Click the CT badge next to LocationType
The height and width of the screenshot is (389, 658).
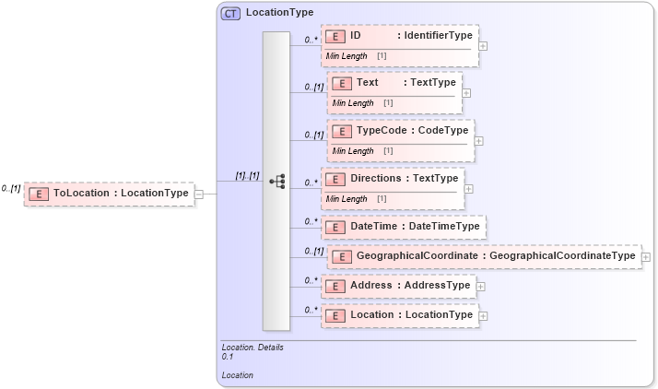231,13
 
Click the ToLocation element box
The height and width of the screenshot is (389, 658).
109,194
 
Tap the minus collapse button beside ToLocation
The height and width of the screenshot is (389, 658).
198,194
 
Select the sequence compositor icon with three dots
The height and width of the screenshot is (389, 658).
276,182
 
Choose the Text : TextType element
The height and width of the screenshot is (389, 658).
393,82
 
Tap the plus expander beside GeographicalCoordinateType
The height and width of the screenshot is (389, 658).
646,257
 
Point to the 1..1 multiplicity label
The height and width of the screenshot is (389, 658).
247,175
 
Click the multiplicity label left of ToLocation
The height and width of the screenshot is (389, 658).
11,188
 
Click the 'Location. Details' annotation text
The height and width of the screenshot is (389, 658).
253,348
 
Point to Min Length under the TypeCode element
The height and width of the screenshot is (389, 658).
353,150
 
